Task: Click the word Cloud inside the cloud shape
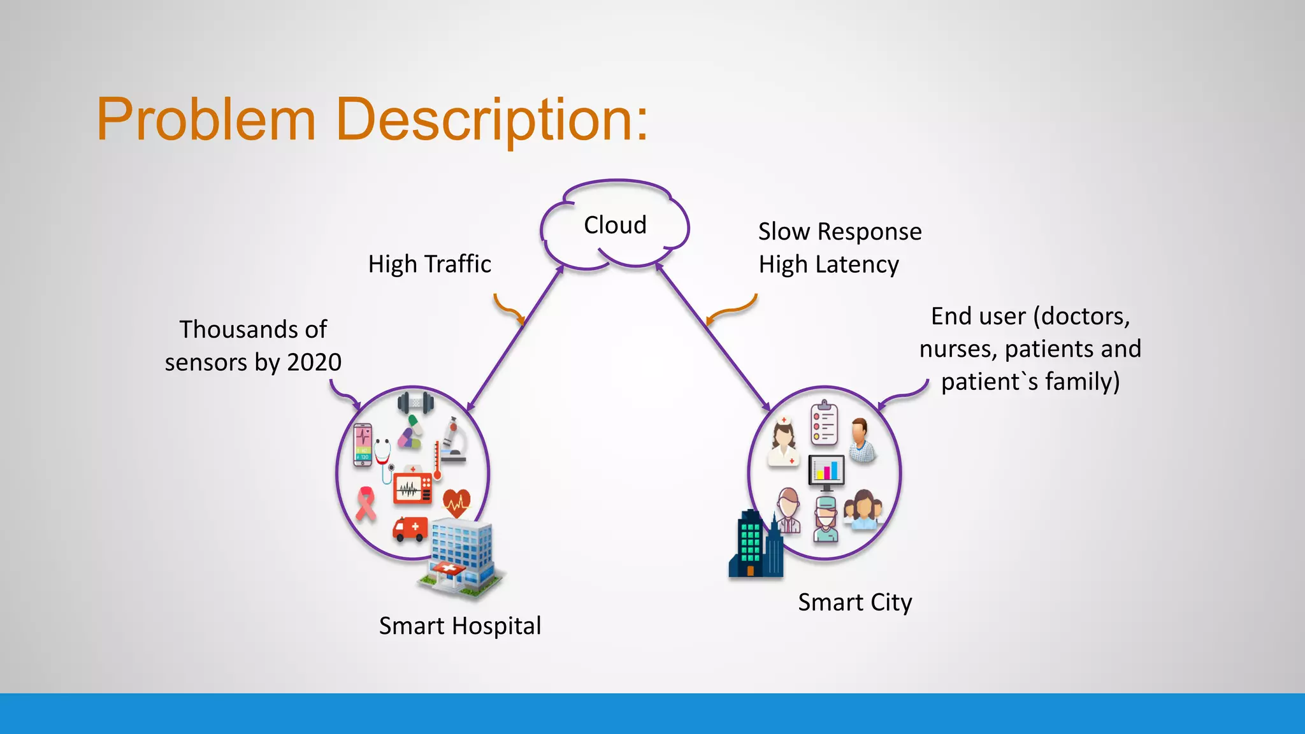[615, 225]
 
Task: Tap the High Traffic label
[429, 264]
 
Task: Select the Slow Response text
[839, 231]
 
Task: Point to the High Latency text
[828, 264]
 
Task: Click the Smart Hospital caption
[459, 626]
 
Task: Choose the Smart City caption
[854, 602]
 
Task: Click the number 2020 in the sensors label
[314, 363]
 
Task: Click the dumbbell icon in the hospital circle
[415, 403]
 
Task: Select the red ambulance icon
[410, 528]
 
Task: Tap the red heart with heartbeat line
[456, 503]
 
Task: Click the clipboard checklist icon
[825, 422]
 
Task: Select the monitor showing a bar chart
[826, 472]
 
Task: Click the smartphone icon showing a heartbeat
[363, 445]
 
